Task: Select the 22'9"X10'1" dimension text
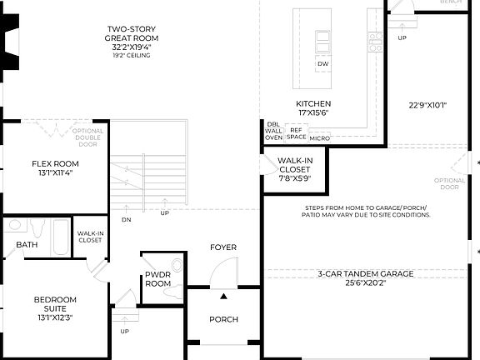pyautogui.click(x=428, y=106)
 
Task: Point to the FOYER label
pyautogui.click(x=223, y=247)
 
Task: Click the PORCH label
pyautogui.click(x=223, y=319)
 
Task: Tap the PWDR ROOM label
pyautogui.click(x=157, y=278)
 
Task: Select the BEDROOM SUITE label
pyautogui.click(x=55, y=305)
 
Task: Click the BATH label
pyautogui.click(x=27, y=245)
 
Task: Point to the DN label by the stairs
pyautogui.click(x=126, y=220)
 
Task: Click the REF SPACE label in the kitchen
pyautogui.click(x=297, y=132)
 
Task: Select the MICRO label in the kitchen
pyautogui.click(x=319, y=137)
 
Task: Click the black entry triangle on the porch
pyautogui.click(x=223, y=295)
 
